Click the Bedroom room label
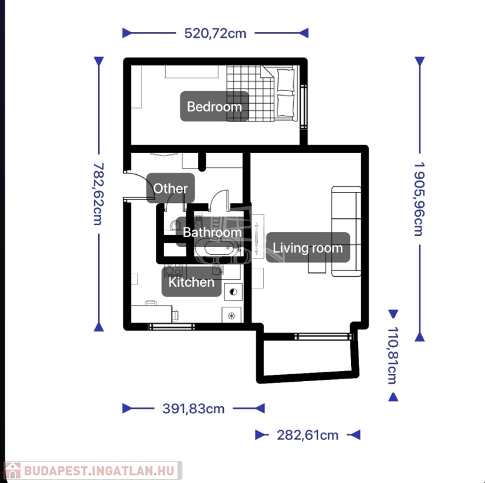point(215,106)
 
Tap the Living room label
point(308,248)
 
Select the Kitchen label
point(191,282)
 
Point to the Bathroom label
point(212,232)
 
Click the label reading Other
point(170,188)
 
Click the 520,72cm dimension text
point(215,33)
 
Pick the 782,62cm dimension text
point(99,194)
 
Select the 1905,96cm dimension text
point(420,199)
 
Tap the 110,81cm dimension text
point(393,355)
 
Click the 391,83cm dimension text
point(193,409)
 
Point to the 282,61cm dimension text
point(308,435)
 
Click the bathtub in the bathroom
point(219,248)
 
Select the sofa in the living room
point(346,231)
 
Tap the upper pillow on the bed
point(286,80)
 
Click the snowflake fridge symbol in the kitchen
point(231,316)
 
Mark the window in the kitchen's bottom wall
point(171,326)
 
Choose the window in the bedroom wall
point(304,106)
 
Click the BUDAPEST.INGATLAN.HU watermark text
point(99,471)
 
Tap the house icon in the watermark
point(13,470)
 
